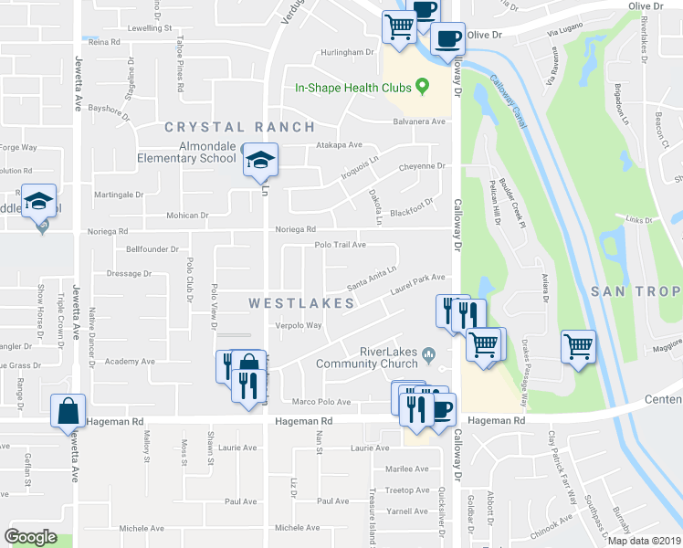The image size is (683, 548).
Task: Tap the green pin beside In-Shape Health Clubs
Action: coord(422,88)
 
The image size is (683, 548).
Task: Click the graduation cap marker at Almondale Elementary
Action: coord(260,161)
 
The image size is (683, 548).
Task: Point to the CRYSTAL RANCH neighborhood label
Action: coord(239,127)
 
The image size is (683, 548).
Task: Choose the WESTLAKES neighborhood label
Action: coord(301,302)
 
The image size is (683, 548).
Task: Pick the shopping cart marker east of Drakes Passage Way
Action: coord(578,347)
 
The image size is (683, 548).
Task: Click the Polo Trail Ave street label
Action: coord(340,245)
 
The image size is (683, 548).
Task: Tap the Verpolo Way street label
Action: coord(300,325)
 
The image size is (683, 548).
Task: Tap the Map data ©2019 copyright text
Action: coord(644,541)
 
